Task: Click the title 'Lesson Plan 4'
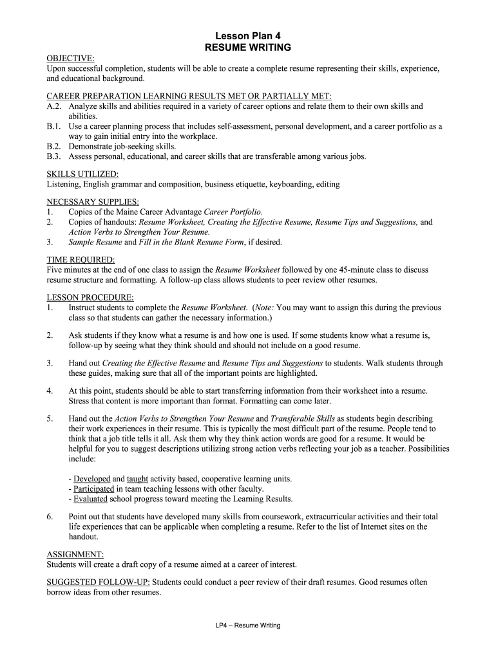click(247, 36)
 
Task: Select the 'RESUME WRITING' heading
click(247, 48)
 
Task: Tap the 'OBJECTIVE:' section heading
click(70, 59)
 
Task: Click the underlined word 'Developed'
click(92, 479)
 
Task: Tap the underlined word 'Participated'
click(95, 488)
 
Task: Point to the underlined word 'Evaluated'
click(90, 499)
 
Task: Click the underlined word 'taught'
click(138, 479)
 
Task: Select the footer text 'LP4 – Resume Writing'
click(248, 626)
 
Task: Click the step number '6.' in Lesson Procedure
click(50, 517)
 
